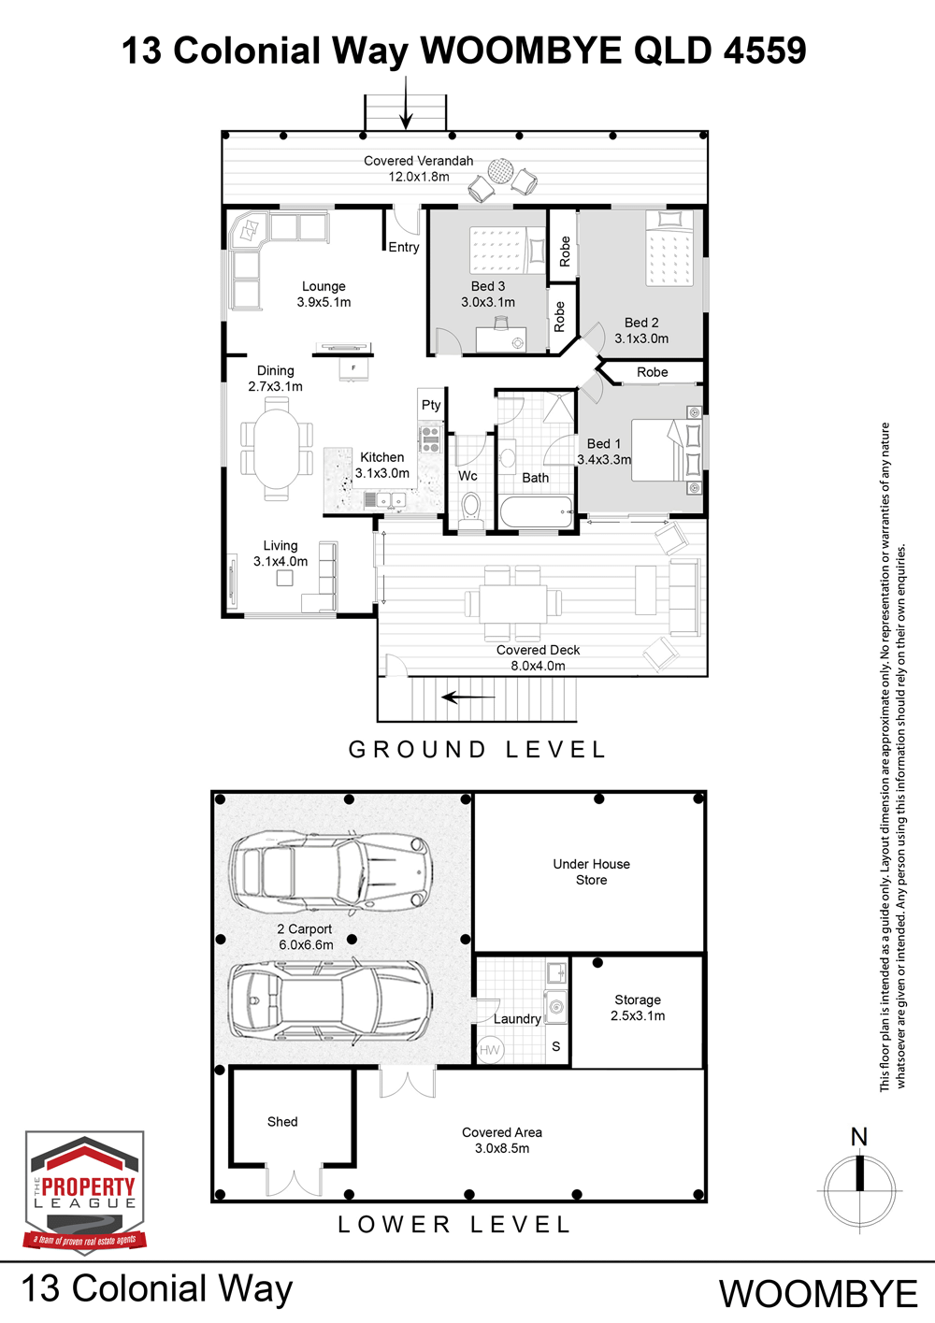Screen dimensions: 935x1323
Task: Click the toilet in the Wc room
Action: pos(471,511)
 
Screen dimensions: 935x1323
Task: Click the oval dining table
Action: pos(277,448)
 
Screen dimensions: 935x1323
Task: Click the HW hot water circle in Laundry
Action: pos(490,1050)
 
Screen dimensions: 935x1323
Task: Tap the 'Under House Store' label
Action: pos(591,871)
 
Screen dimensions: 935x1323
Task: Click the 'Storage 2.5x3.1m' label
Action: pos(638,1008)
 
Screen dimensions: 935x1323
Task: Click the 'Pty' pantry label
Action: pos(431,405)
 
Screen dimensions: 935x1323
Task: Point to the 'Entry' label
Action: pos(404,248)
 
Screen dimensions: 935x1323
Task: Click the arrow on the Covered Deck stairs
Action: pos(468,697)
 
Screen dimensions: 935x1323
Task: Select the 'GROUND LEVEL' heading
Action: pos(477,750)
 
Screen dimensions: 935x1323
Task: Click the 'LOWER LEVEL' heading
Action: pos(454,1225)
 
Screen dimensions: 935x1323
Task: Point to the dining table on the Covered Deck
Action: pos(513,603)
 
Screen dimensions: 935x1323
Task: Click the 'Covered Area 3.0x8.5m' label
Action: pos(502,1140)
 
